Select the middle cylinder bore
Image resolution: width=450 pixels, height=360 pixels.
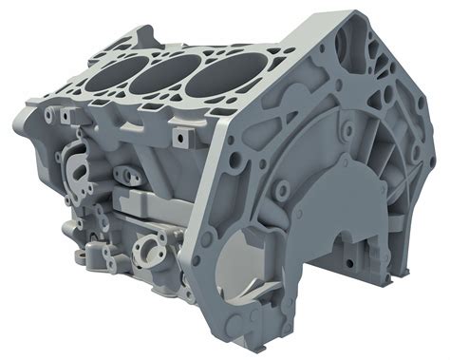point(158,74)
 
